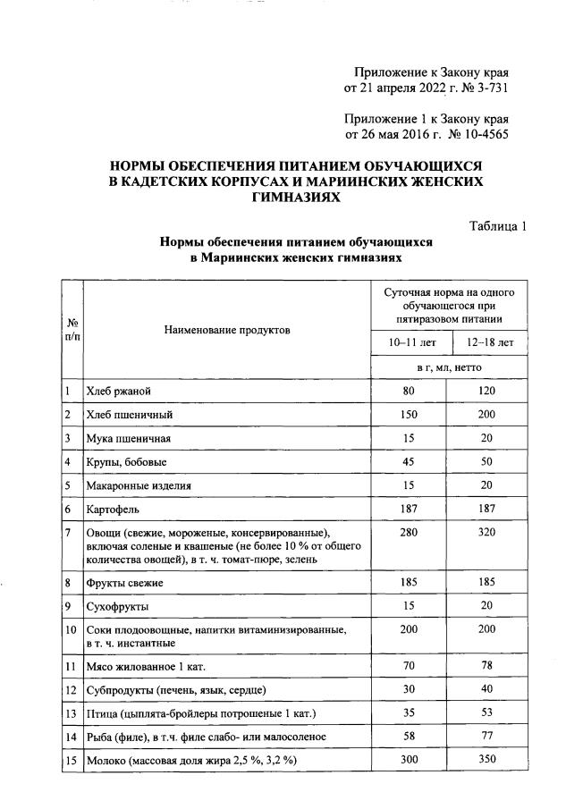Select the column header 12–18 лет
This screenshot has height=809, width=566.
point(484,342)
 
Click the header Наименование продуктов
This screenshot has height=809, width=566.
point(227,330)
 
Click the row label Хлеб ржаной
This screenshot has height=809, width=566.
point(120,392)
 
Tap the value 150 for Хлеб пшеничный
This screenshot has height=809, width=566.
point(405,415)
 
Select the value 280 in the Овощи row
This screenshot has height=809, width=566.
point(405,533)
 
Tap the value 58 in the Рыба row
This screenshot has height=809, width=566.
point(405,737)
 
